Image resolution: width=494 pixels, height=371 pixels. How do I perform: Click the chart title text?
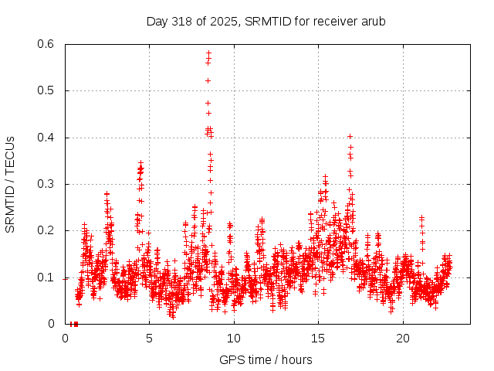click(266, 21)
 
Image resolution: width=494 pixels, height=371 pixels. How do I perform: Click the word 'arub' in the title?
click(372, 21)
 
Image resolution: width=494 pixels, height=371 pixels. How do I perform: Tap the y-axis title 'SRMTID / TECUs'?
click(10, 185)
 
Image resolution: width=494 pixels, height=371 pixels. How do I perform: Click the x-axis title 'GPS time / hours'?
click(266, 359)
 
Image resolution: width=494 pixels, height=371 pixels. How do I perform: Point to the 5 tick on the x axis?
click(149, 339)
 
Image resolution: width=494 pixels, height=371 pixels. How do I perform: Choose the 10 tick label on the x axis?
click(234, 339)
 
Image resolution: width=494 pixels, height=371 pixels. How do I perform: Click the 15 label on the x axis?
click(318, 339)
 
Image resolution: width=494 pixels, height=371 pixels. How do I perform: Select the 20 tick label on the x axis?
click(402, 339)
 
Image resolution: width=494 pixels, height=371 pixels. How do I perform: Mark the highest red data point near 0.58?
click(208, 53)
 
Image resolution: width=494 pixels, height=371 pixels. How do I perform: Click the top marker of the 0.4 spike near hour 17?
click(350, 136)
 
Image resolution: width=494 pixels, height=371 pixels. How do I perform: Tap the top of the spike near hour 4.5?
click(140, 163)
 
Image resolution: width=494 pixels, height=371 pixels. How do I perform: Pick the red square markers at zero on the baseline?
click(74, 324)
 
